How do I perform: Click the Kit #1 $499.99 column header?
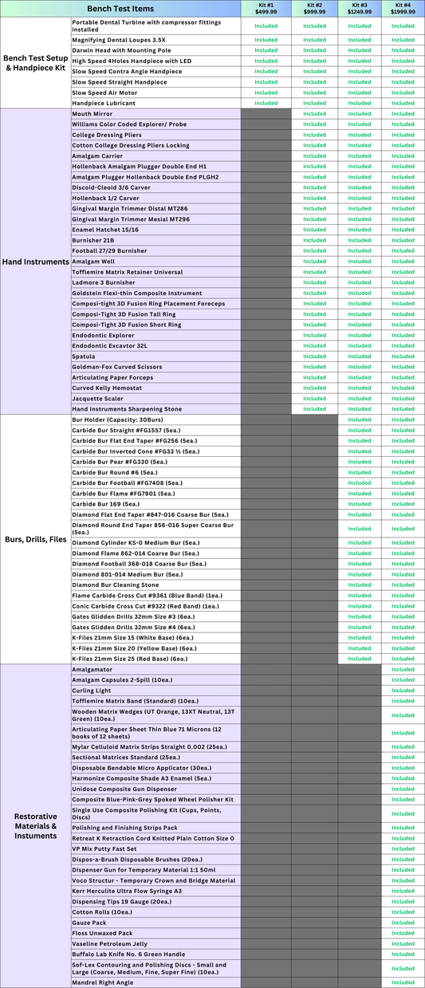coord(266,9)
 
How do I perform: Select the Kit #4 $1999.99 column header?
coord(403,9)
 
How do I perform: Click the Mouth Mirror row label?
coord(92,113)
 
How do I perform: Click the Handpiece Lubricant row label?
coord(104,103)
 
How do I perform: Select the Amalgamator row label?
coord(92,670)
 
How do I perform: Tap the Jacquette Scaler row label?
coord(98,399)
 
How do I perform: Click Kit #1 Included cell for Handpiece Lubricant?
coord(266,103)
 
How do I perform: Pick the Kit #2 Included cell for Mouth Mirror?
coord(314,113)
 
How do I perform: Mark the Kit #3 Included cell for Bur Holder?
coord(359,419)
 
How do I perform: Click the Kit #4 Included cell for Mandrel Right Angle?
coord(403,982)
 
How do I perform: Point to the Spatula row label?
coord(85,356)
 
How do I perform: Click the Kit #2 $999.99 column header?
coord(314,9)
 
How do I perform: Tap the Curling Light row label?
coord(92,691)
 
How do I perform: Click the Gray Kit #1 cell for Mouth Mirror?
coord(266,113)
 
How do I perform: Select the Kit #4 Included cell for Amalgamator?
coord(403,670)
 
